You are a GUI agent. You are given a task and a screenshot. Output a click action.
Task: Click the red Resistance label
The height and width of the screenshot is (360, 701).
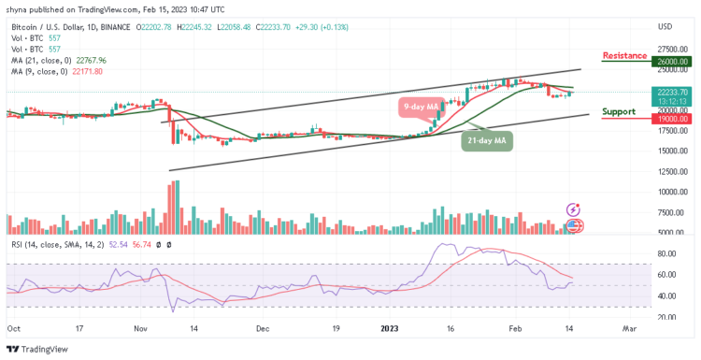coord(624,55)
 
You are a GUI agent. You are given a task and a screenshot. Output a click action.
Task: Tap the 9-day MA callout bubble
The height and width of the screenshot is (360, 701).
coord(420,108)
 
